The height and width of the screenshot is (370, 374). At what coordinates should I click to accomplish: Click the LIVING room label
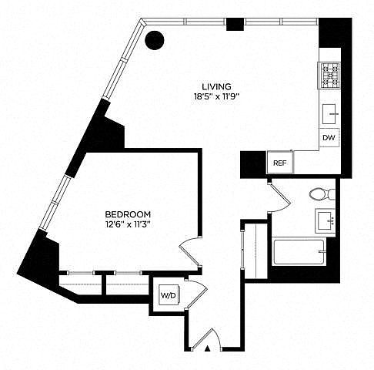216,86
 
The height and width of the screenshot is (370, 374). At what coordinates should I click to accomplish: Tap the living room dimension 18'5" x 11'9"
216,97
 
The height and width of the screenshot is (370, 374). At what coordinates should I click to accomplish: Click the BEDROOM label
128,214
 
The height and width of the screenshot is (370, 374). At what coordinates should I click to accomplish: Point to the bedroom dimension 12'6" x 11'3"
128,224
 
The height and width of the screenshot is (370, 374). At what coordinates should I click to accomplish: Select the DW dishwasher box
329,138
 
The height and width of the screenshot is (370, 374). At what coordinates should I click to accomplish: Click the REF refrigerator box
280,163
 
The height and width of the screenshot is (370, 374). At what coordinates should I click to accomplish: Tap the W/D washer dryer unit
169,295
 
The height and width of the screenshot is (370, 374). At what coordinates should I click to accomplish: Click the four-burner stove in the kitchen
329,76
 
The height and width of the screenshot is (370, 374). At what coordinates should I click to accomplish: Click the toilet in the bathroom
322,194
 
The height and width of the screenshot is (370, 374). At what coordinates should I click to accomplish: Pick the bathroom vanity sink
326,221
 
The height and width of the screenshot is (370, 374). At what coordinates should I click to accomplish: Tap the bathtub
299,252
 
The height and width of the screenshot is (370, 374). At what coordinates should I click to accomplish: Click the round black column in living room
155,40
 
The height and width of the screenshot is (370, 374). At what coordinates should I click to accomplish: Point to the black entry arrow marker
208,348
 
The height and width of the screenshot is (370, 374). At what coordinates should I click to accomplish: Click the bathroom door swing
279,198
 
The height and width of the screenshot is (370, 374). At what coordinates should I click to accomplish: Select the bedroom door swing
189,252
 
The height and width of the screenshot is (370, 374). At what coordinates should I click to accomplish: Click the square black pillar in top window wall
235,25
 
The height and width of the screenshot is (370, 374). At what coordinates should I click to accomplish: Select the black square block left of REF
253,163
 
